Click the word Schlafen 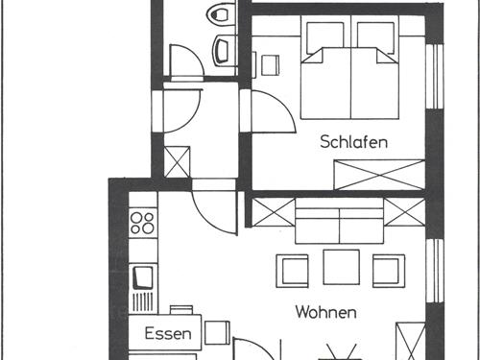click(354, 142)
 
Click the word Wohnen click(326, 312)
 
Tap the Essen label click(167, 335)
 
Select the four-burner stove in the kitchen click(142, 223)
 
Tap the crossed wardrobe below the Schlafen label click(377, 175)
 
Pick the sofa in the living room click(340, 227)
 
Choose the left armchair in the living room click(292, 269)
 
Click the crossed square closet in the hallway click(178, 160)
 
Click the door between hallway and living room click(213, 206)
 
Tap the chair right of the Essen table click(218, 334)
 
